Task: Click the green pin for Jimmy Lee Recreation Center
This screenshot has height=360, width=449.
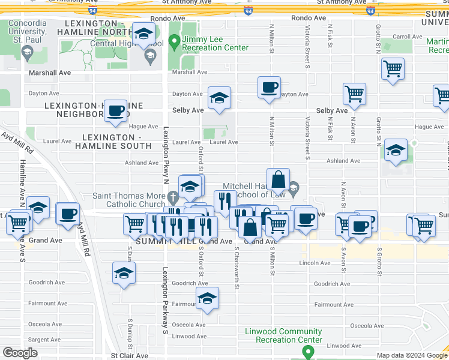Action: pos(175,41)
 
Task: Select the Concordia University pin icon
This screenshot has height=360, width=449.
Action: pos(27,53)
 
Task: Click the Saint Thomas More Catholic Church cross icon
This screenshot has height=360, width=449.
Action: pos(173,196)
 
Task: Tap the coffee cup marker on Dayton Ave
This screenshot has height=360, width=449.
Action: pos(269,87)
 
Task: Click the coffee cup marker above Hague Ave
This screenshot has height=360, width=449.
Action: pos(115,110)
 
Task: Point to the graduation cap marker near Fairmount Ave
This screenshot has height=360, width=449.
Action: pos(207,298)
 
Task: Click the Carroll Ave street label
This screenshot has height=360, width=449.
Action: pos(408,37)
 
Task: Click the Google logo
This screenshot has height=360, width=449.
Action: pos(20,352)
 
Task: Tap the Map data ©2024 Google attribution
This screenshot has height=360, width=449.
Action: pos(412,355)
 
